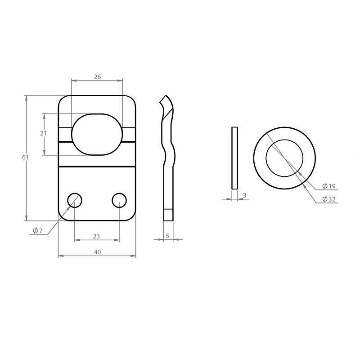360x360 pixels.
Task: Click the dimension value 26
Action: (x=97, y=76)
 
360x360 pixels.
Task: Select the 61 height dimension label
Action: (x=25, y=157)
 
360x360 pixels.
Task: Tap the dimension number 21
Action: (x=43, y=133)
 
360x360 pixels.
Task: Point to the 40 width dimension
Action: (x=97, y=252)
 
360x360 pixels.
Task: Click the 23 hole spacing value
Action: (x=96, y=236)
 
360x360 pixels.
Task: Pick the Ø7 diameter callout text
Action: (x=38, y=230)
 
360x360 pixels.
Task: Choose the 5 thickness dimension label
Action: (x=167, y=236)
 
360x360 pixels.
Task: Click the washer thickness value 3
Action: (x=245, y=195)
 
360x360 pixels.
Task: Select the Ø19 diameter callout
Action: (x=329, y=186)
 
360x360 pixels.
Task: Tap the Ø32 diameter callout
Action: (x=329, y=199)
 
